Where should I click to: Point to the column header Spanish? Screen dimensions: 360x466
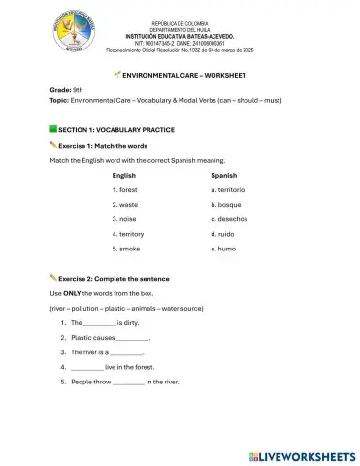(x=224, y=175)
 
